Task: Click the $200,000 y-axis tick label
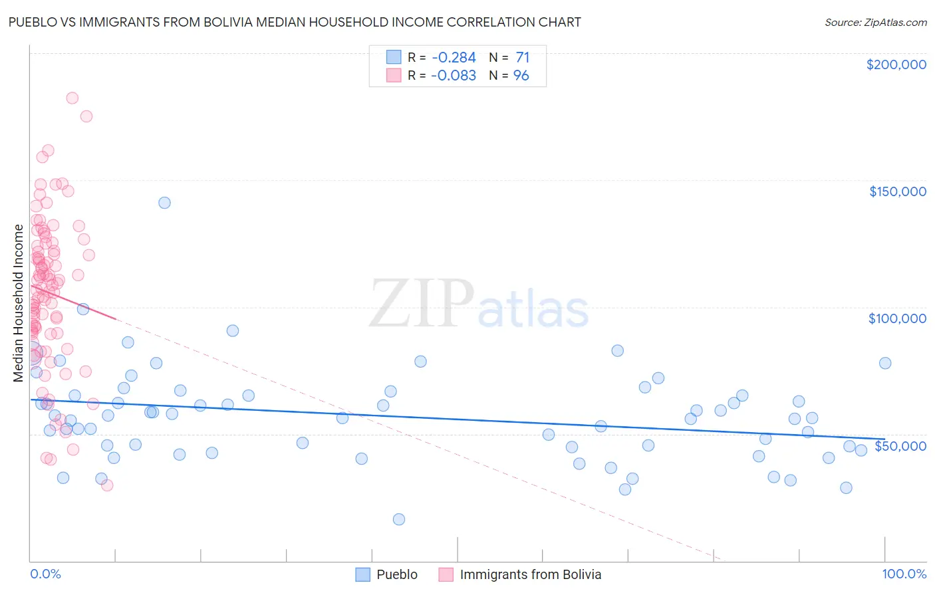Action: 896,64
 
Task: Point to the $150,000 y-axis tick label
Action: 897,191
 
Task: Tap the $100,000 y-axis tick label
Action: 897,318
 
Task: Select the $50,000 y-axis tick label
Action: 900,445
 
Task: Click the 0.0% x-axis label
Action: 45,574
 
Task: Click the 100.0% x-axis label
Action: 904,574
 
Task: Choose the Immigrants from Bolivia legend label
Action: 530,574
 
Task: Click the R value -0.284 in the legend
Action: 453,58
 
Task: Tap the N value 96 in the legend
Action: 521,76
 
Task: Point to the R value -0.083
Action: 453,76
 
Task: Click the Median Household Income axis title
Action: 18,303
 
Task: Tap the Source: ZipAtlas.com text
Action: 875,23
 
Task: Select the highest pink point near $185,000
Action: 72,98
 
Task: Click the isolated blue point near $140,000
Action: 164,203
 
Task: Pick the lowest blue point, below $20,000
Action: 399,519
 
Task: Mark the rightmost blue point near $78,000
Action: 885,363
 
